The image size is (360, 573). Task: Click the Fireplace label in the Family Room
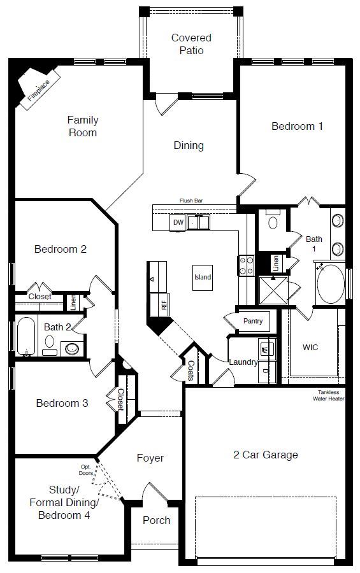pyautogui.click(x=39, y=90)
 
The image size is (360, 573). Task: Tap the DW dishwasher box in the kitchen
pyautogui.click(x=178, y=222)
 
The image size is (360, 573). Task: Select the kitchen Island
pyautogui.click(x=203, y=278)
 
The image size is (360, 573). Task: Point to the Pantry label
pyautogui.click(x=253, y=321)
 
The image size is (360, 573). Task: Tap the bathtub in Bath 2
pyautogui.click(x=26, y=336)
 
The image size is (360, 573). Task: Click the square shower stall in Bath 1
pyautogui.click(x=273, y=290)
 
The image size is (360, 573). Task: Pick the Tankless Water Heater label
pyautogui.click(x=328, y=395)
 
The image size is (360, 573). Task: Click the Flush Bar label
pyautogui.click(x=191, y=201)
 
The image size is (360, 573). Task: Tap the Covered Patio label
pyautogui.click(x=191, y=44)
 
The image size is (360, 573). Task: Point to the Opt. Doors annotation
pyautogui.click(x=86, y=470)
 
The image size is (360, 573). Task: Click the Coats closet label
pyautogui.click(x=191, y=371)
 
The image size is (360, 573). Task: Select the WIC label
pyautogui.click(x=310, y=347)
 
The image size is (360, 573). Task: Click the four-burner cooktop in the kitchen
pyautogui.click(x=246, y=265)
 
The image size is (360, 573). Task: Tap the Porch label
pyautogui.click(x=157, y=520)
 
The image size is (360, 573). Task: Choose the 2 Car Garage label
pyautogui.click(x=266, y=455)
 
